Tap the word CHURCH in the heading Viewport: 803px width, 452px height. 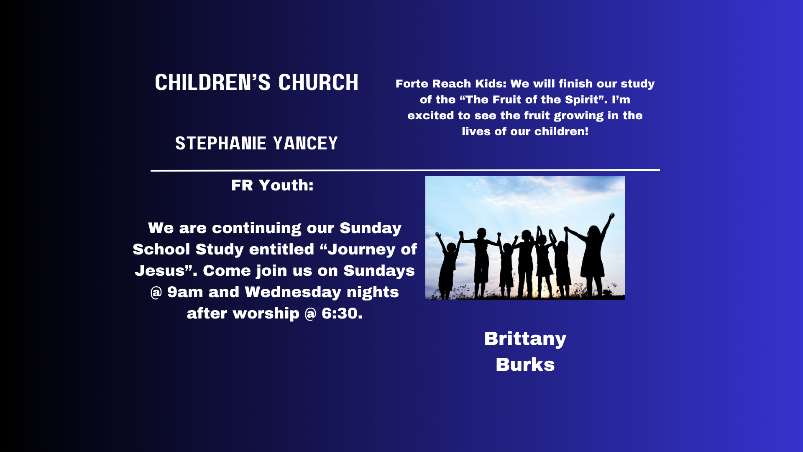(x=319, y=82)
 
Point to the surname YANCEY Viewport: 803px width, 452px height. (x=306, y=144)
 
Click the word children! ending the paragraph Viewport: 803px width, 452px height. (x=562, y=131)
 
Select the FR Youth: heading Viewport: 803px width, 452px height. (x=273, y=185)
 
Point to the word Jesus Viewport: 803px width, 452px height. (x=160, y=271)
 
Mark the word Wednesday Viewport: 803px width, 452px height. (x=293, y=292)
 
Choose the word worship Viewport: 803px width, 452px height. (x=266, y=314)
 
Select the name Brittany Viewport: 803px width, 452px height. (x=525, y=339)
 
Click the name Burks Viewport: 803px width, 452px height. (x=525, y=365)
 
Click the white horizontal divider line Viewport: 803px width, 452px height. (x=405, y=170)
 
